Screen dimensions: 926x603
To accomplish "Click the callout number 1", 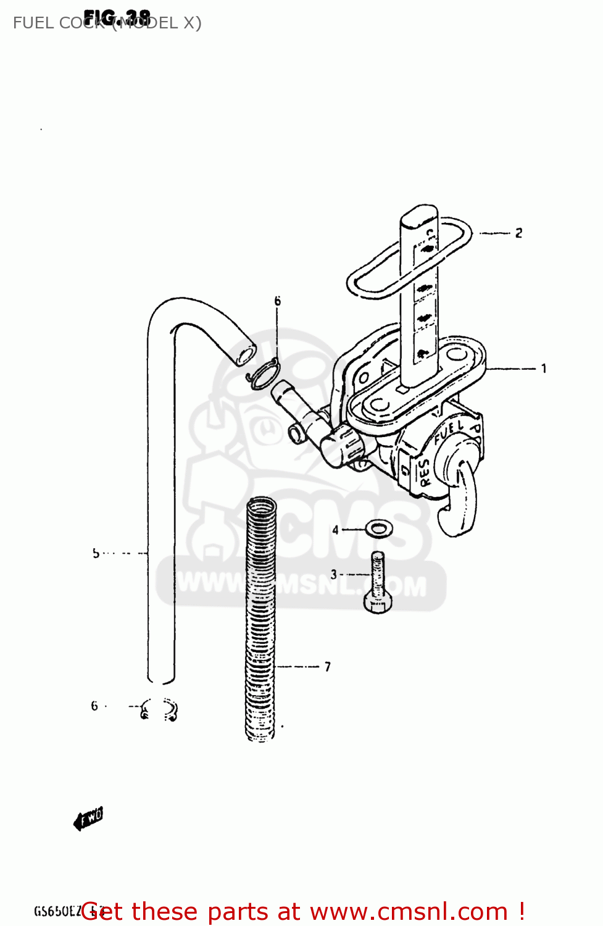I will click(x=544, y=369).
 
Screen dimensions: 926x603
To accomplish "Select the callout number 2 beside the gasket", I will click(x=518, y=233).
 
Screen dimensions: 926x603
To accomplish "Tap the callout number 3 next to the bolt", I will click(x=334, y=574).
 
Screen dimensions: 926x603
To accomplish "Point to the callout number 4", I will click(x=335, y=530).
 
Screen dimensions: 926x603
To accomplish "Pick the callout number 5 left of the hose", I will click(x=96, y=553).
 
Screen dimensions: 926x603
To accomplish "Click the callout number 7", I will click(x=328, y=667).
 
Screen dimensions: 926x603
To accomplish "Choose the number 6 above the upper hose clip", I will click(x=277, y=301).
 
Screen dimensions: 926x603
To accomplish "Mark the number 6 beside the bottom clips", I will click(x=94, y=706).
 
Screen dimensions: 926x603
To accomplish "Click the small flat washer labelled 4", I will click(x=379, y=528).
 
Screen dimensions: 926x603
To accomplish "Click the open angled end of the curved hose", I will click(x=245, y=355).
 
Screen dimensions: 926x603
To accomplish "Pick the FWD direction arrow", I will click(x=88, y=819).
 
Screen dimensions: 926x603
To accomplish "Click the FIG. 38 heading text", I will click(x=117, y=18).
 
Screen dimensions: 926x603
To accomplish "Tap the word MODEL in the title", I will click(x=148, y=23).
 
